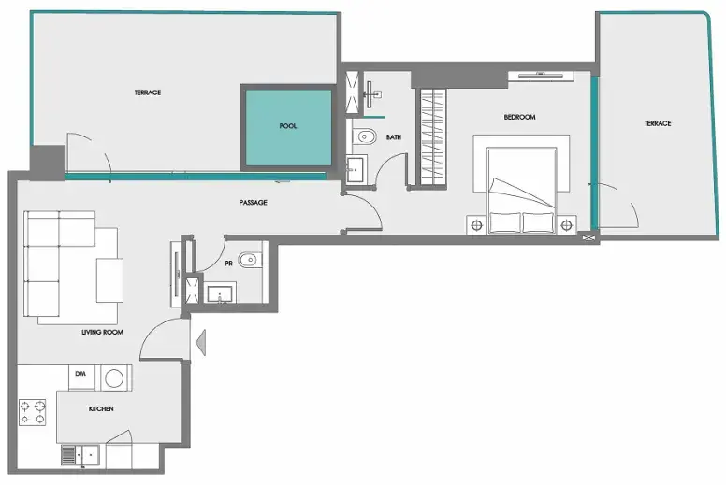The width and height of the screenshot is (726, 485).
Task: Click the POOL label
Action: (287, 126)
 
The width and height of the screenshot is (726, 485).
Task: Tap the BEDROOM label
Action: (519, 117)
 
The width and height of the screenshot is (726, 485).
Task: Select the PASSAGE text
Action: (253, 202)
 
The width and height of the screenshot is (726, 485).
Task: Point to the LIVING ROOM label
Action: (102, 332)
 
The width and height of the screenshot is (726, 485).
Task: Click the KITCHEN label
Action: (101, 408)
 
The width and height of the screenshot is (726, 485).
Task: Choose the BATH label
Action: (394, 136)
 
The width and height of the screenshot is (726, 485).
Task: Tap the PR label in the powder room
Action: (228, 264)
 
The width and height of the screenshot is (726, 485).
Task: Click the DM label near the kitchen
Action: (80, 373)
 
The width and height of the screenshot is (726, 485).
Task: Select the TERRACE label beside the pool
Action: (148, 93)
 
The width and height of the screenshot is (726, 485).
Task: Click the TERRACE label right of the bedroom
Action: (658, 123)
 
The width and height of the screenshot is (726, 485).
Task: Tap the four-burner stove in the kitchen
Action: (33, 412)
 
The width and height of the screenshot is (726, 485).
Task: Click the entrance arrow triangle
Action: (201, 343)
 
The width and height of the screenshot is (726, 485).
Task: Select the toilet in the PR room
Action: (250, 261)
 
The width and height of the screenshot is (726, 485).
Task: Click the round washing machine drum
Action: (114, 378)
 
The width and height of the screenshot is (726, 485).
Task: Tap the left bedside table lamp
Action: (477, 225)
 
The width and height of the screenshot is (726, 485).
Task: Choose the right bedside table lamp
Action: (566, 225)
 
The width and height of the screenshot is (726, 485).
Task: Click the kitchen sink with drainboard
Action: (80, 455)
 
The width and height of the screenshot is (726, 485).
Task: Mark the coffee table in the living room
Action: (109, 280)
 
